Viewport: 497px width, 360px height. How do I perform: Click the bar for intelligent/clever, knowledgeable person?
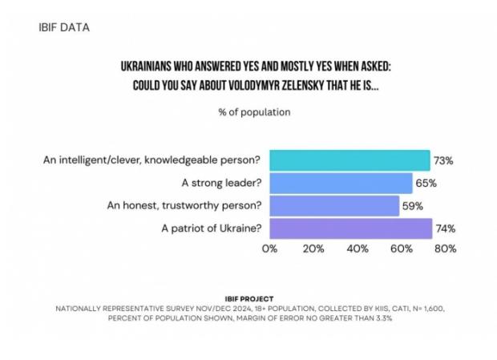tap(350, 160)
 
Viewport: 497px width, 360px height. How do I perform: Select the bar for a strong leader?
tap(341, 183)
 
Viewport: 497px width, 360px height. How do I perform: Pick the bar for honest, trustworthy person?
tap(334, 205)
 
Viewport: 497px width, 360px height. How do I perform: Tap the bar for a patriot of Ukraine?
tap(350, 228)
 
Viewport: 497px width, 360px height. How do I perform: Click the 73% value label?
tap(444, 160)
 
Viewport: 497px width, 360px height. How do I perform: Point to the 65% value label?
tap(426, 183)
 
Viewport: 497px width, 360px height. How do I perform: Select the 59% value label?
tap(414, 205)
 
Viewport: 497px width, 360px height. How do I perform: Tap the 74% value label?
tap(446, 228)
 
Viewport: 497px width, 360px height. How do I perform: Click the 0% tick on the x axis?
tap(269, 249)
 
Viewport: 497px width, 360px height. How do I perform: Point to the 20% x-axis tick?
tap(313, 249)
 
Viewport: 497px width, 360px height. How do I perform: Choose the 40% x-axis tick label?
tap(357, 249)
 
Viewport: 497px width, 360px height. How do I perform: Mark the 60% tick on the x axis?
tap(401, 249)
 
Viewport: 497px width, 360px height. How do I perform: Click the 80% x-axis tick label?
tap(445, 249)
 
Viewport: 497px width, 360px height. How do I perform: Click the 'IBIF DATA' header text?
tap(63, 27)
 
